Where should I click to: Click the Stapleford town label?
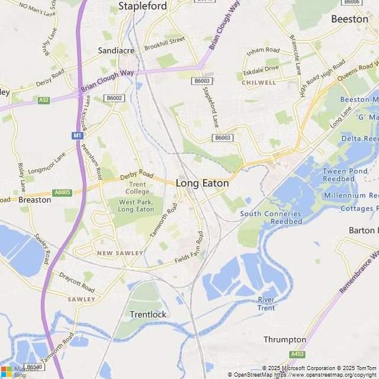143,7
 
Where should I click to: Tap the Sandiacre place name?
116,51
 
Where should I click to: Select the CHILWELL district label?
259,82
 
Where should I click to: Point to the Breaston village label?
35,200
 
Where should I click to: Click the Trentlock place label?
148,314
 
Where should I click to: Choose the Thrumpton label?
285,340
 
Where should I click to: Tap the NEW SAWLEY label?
120,253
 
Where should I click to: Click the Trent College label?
137,188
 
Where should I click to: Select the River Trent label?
266,304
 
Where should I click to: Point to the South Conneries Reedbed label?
270,217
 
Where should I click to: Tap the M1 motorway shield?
77,136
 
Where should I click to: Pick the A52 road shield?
43,100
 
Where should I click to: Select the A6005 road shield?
62,192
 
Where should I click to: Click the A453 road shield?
297,354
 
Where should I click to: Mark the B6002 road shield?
114,98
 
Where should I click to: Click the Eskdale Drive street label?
261,69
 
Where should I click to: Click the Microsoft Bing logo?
18,371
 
